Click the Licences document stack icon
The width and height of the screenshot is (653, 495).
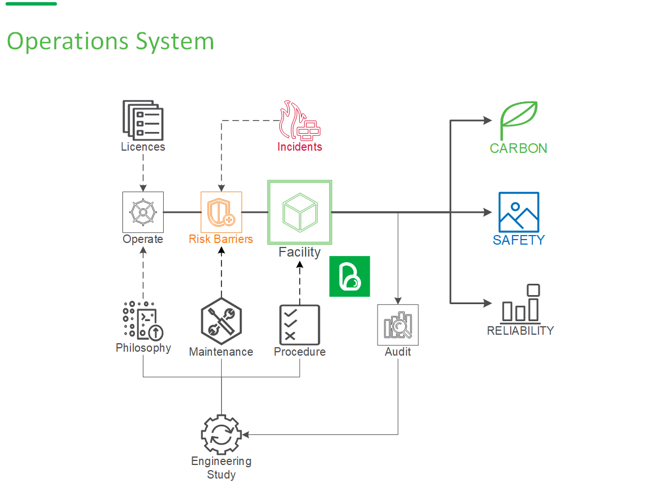point(143,120)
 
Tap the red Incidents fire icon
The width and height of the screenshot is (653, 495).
point(299,121)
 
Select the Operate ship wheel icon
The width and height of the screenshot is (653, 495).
point(143,212)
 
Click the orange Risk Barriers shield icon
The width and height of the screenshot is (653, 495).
point(221,212)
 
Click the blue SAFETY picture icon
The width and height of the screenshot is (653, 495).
point(519,212)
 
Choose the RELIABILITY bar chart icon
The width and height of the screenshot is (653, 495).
point(520,303)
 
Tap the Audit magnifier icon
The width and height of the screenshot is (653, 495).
point(398,325)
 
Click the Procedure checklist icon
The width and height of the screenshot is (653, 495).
point(299,325)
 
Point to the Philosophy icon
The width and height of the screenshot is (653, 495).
point(143,321)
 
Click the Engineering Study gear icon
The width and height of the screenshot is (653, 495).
point(221,434)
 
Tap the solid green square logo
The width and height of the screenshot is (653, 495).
point(350,276)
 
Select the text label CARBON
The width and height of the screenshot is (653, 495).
point(519,148)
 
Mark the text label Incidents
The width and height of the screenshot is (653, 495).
point(299,147)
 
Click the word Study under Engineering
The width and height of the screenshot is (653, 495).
point(221,475)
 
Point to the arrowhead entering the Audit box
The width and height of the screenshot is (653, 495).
point(398,301)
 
